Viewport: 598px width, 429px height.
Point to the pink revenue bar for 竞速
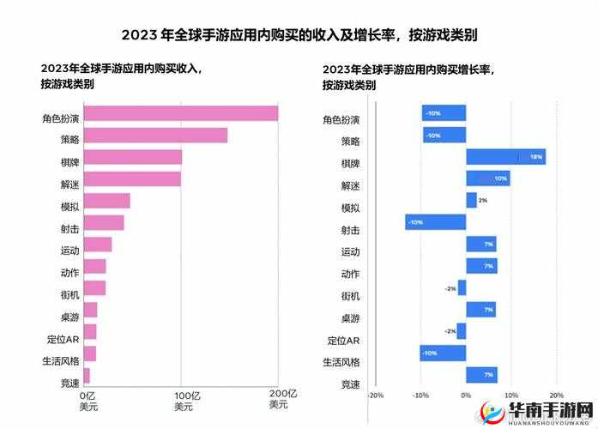pyautogui.click(x=87, y=375)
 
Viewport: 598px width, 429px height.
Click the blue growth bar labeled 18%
pyautogui.click(x=505, y=157)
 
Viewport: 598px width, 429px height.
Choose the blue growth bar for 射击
pyautogui.click(x=436, y=222)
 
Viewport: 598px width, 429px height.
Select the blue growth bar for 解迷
pyautogui.click(x=487, y=178)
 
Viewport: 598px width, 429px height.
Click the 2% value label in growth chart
pyautogui.click(x=482, y=200)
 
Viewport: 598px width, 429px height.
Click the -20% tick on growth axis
pyautogui.click(x=375, y=396)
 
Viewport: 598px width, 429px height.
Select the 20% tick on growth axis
pyautogui.click(x=555, y=396)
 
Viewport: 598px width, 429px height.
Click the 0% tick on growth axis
pyautogui.click(x=466, y=396)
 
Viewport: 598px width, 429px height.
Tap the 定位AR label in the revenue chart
pyautogui.click(x=61, y=339)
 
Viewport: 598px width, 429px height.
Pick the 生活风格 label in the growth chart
pyautogui.click(x=341, y=361)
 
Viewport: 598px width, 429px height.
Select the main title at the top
pyautogui.click(x=299, y=35)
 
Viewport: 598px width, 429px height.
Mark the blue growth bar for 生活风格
pyautogui.click(x=443, y=353)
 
